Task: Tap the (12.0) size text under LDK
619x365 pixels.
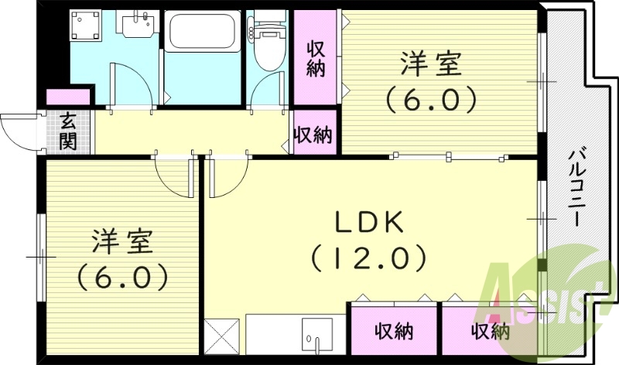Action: point(369,257)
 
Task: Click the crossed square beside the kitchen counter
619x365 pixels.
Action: point(222,335)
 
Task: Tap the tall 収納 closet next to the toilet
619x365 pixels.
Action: point(315,59)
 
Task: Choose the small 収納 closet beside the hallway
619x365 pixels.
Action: point(313,135)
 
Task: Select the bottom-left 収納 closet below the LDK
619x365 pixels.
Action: point(394,331)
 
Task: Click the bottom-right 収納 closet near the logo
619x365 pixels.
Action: point(490,331)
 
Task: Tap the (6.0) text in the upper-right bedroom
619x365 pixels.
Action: point(430,99)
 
